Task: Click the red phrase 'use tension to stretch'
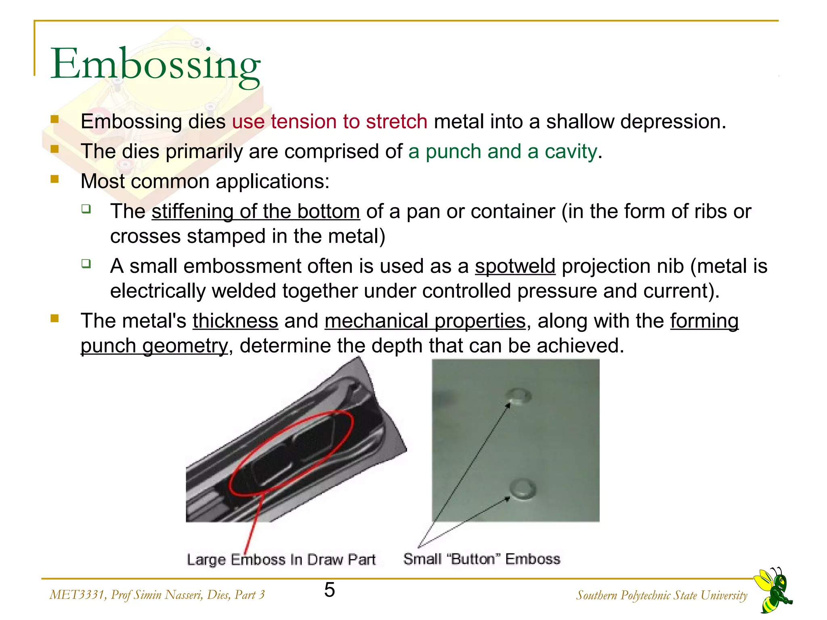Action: click(330, 121)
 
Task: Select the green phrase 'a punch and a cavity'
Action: click(502, 152)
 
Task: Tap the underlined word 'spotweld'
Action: click(515, 266)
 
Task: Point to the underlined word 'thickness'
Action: click(235, 321)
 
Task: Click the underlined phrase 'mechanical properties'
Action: click(425, 321)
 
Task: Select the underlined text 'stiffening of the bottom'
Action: click(256, 212)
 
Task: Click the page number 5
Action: click(330, 590)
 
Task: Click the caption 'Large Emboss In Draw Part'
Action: click(281, 560)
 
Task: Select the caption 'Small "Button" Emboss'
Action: click(482, 559)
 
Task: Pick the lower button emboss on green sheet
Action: click(523, 489)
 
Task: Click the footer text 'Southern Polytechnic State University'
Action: click(661, 595)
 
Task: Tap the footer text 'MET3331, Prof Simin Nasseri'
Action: click(157, 595)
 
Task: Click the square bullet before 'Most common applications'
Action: click(55, 179)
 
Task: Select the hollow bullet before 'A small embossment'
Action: click(86, 264)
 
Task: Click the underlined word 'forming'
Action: click(704, 321)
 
